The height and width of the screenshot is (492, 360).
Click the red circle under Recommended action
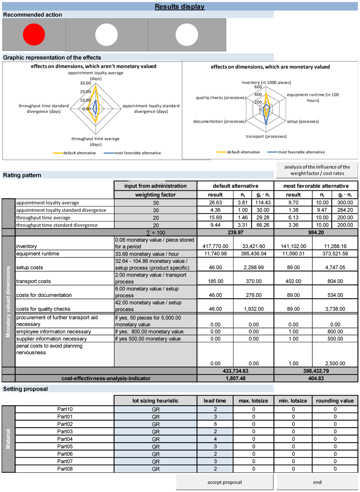[34, 34]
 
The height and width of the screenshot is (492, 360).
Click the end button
[317, 482]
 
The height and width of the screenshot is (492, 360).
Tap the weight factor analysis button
[317, 170]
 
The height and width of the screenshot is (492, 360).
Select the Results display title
[180, 7]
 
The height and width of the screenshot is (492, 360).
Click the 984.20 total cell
[316, 232]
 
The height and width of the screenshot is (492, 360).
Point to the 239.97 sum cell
[235, 232]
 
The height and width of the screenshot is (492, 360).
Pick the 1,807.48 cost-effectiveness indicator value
[235, 378]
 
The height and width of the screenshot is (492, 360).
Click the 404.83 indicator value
[316, 378]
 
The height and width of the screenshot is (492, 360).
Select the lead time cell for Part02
[215, 424]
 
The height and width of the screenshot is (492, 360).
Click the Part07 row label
[65, 461]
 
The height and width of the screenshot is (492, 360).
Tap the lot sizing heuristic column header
[155, 401]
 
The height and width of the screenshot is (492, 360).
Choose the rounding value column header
[335, 401]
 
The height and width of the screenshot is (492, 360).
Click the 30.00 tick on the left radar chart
[85, 83]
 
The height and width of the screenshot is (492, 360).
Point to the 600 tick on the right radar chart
[258, 87]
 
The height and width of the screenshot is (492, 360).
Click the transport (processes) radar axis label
[266, 136]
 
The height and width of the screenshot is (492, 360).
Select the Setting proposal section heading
[25, 389]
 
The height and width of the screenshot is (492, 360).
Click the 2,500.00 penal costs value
[335, 363]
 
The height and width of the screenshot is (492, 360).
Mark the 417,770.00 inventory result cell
[215, 246]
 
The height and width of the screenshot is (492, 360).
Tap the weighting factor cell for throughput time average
[156, 218]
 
